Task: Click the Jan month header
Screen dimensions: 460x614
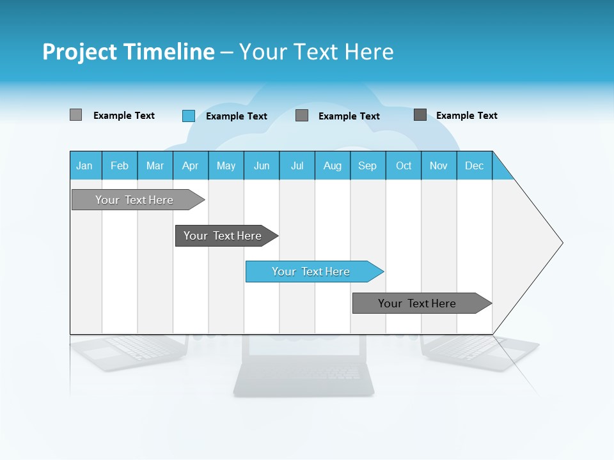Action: click(85, 165)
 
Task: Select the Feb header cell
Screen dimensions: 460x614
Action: click(120, 165)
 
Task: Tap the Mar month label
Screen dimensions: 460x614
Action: click(155, 165)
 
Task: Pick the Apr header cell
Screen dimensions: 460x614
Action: click(191, 165)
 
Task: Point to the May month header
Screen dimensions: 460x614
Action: click(226, 165)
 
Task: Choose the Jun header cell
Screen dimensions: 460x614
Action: click(262, 165)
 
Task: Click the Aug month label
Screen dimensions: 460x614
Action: click(333, 165)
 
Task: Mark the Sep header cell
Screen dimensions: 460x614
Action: click(368, 165)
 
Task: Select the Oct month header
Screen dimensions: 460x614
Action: click(404, 165)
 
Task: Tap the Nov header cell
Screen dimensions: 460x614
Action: click(439, 165)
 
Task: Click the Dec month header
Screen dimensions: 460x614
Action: click(475, 165)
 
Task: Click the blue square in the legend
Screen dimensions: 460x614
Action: click(188, 116)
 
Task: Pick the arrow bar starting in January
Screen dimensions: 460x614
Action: click(135, 200)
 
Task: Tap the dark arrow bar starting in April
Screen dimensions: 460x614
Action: click(223, 236)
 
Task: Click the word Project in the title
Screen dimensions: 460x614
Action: click(80, 52)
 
